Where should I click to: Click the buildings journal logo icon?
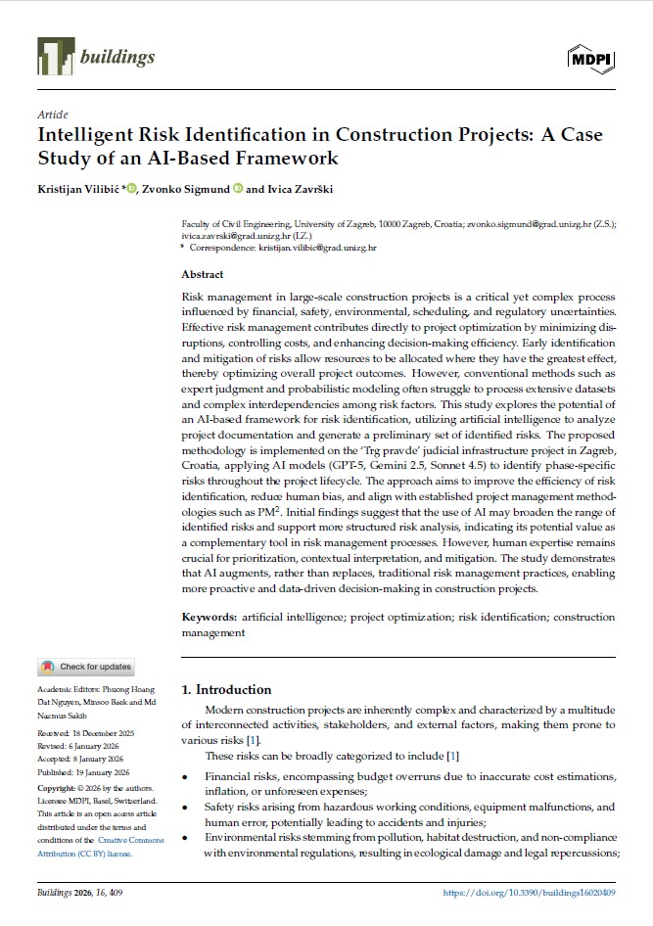pos(55,57)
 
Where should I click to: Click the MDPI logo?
pos(591,59)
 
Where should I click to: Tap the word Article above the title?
pos(52,115)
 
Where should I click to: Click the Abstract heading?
pos(203,275)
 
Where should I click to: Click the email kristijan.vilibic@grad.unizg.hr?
pos(317,249)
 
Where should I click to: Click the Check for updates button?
pos(86,667)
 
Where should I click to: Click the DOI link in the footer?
pos(529,893)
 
